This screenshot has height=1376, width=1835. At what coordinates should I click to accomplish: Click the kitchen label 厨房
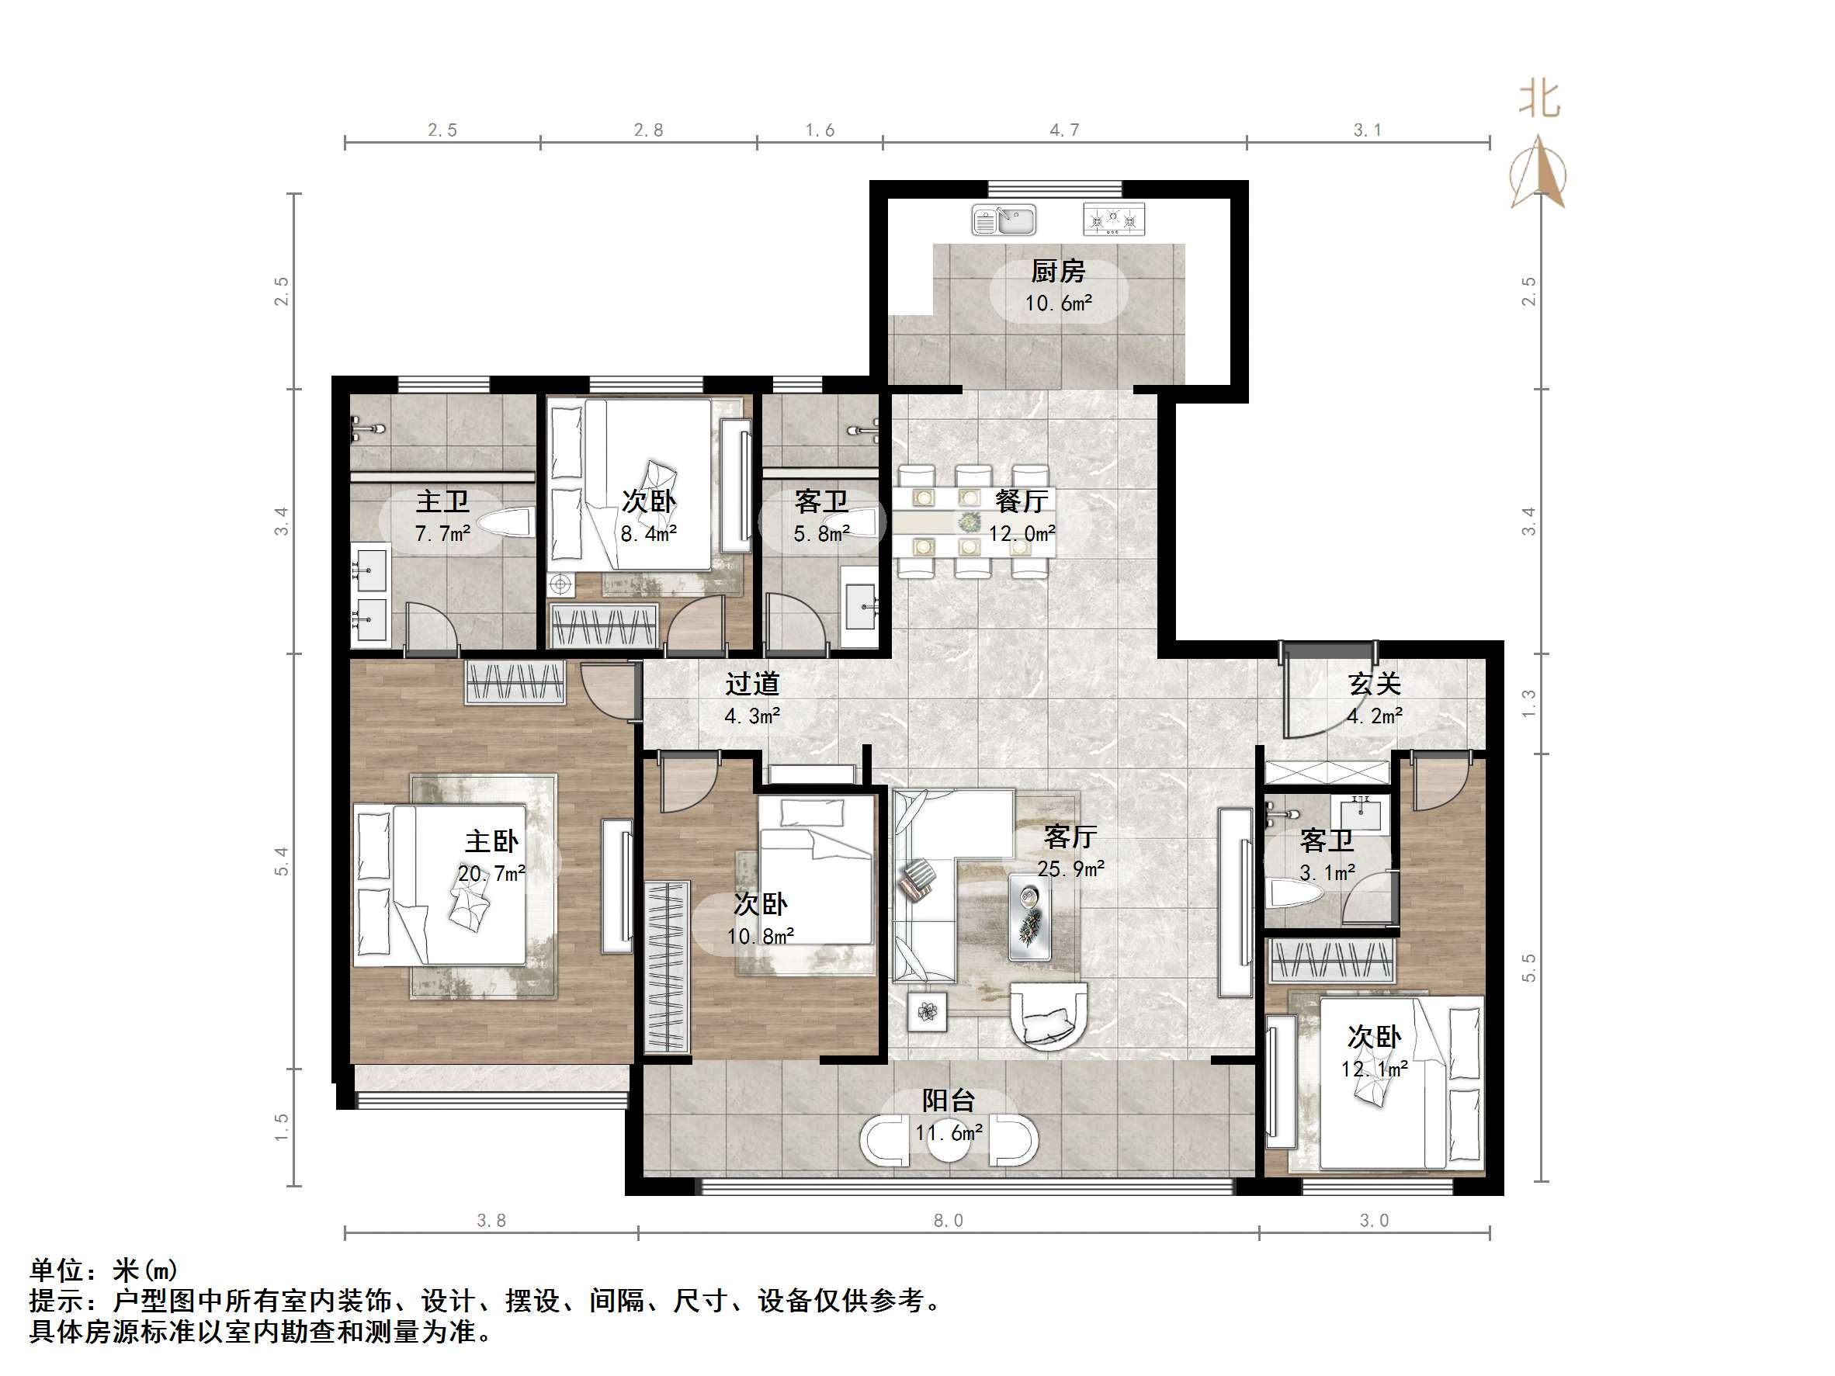point(1058,271)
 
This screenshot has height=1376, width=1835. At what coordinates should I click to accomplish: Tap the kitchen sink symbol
point(1004,220)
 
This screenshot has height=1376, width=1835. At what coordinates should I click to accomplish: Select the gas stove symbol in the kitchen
point(1113,220)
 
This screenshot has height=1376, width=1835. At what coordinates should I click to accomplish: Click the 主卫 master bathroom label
point(442,501)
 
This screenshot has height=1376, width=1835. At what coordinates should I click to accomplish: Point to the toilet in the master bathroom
point(505,524)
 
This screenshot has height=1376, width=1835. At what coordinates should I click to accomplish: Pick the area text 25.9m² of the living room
point(1070,868)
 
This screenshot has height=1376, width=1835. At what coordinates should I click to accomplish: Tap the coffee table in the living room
point(1029,917)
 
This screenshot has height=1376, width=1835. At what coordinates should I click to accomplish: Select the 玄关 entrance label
point(1375,684)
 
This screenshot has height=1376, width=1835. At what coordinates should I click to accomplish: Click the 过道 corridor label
point(752,684)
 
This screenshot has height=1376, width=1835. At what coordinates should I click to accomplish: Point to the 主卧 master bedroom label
point(491,841)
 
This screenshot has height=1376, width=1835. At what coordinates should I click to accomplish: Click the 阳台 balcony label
point(949,1100)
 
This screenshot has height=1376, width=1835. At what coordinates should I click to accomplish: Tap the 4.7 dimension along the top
point(1064,130)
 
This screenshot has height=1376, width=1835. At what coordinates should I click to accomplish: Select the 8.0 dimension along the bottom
point(949,1220)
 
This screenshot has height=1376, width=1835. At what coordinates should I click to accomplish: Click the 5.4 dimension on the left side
point(282,861)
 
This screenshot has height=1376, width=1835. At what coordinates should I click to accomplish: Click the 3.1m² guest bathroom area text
point(1327,872)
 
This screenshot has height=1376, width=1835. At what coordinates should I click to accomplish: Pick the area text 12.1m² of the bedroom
point(1375,1069)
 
